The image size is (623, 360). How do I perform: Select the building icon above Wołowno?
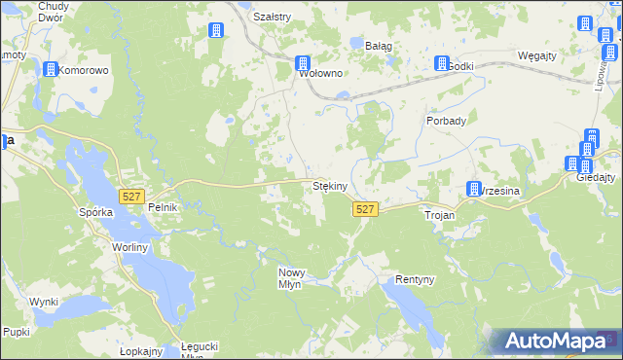(304, 63)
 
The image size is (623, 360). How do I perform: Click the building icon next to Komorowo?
(50, 69)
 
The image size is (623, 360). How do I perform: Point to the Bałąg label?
(378, 45)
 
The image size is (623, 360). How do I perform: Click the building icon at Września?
(474, 189)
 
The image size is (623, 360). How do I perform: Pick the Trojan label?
(439, 213)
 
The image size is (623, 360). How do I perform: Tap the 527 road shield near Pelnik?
(131, 197)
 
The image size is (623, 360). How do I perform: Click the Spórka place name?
(96, 211)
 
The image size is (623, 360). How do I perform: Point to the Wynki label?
(44, 302)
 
